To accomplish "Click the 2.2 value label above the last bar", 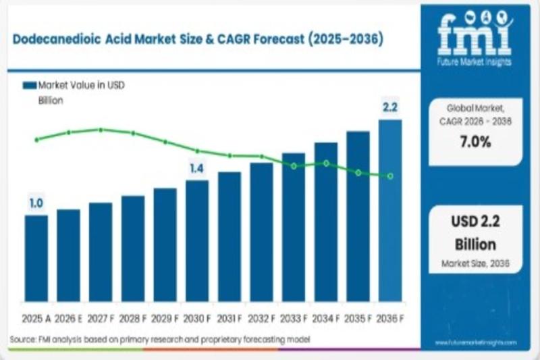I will pyautogui.click(x=390, y=107).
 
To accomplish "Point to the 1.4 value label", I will pyautogui.click(x=196, y=168).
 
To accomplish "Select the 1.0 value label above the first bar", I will pyautogui.click(x=36, y=203).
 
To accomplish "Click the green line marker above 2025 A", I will pyautogui.click(x=36, y=140).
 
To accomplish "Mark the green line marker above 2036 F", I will pyautogui.click(x=390, y=176).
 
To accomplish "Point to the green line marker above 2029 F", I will pyautogui.click(x=165, y=142).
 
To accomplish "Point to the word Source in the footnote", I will pyautogui.click(x=22, y=338).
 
